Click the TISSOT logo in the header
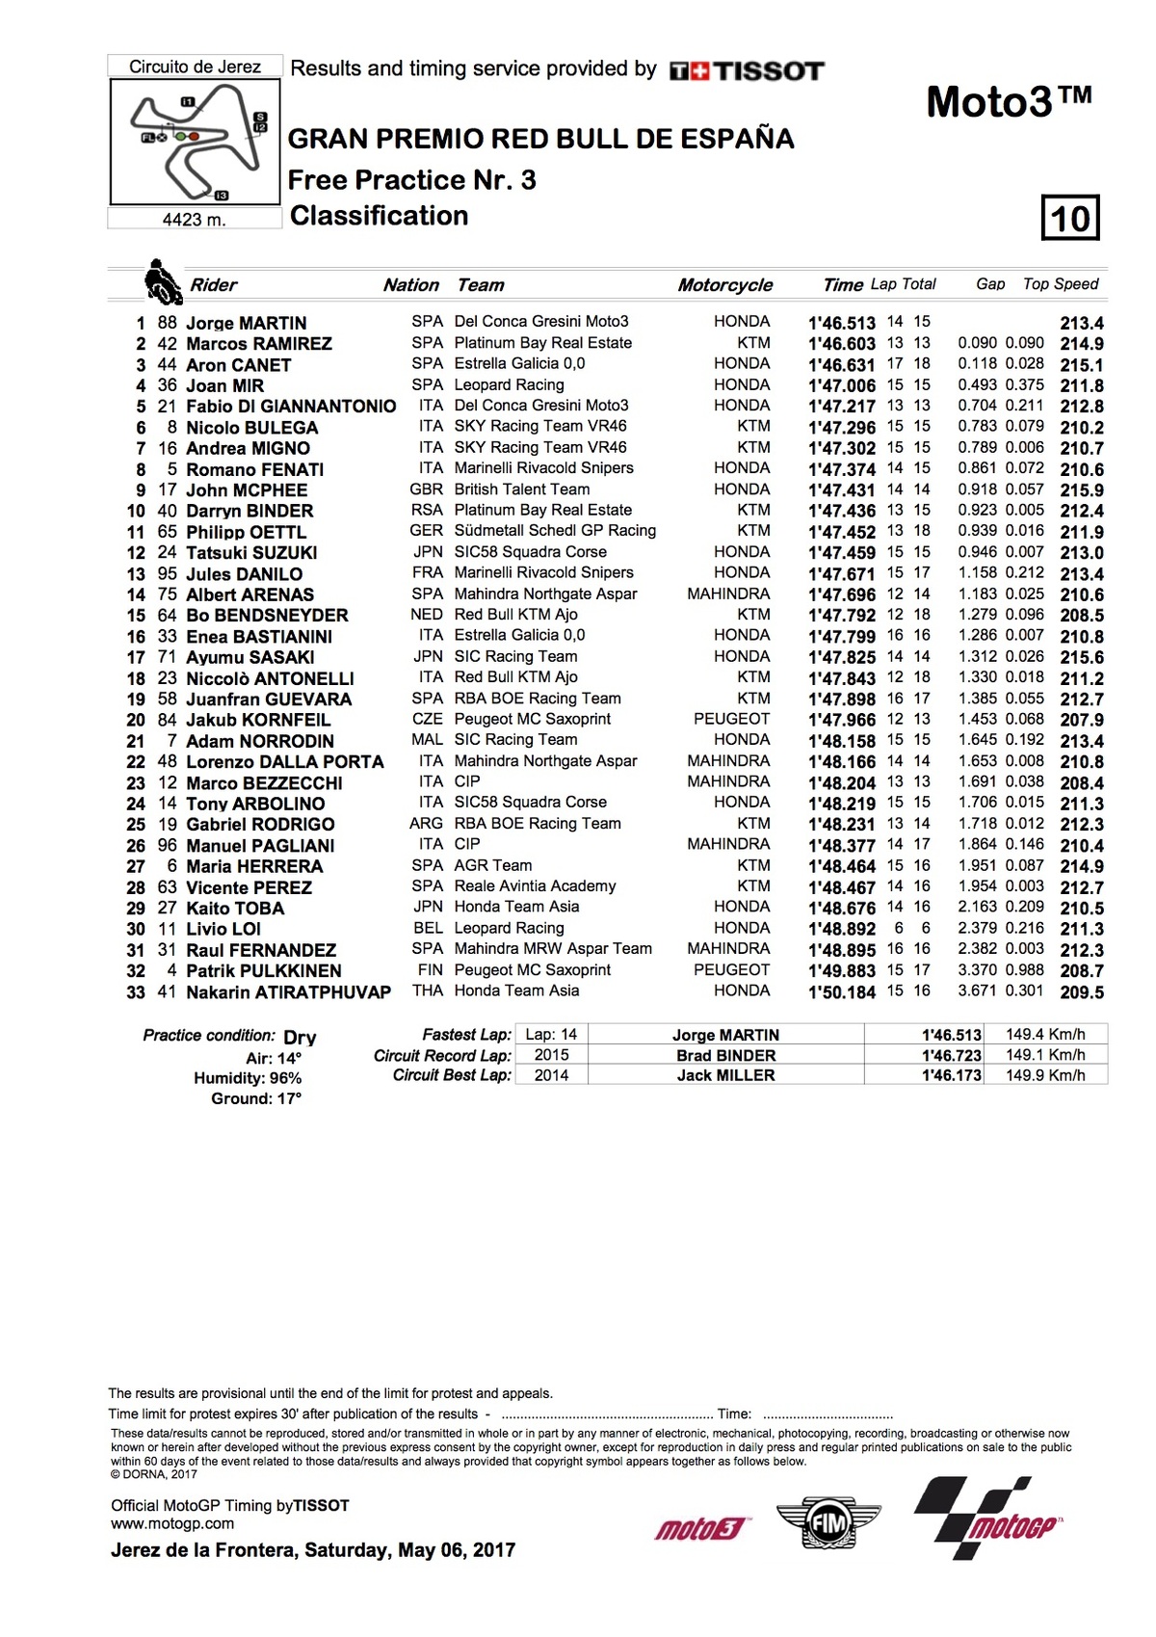pyautogui.click(x=748, y=70)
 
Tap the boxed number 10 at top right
pyautogui.click(x=1070, y=218)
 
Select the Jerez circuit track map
pyautogui.click(x=196, y=142)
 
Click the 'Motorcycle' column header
pyautogui.click(x=724, y=285)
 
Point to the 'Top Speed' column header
pyautogui.click(x=1060, y=284)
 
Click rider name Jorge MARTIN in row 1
pyautogui.click(x=246, y=323)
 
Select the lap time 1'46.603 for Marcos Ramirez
pyautogui.click(x=841, y=344)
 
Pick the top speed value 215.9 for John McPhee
pyautogui.click(x=1081, y=490)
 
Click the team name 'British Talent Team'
pyautogui.click(x=522, y=489)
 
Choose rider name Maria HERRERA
pyautogui.click(x=254, y=866)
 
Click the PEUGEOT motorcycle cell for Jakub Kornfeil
pyautogui.click(x=731, y=719)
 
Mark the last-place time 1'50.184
pyautogui.click(x=841, y=992)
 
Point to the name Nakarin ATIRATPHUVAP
pyautogui.click(x=288, y=992)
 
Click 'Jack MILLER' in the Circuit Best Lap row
pyautogui.click(x=725, y=1075)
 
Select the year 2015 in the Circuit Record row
pyautogui.click(x=551, y=1055)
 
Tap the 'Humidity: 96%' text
pyautogui.click(x=248, y=1078)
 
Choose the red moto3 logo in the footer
pyautogui.click(x=701, y=1528)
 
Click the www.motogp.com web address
pyautogui.click(x=172, y=1524)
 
